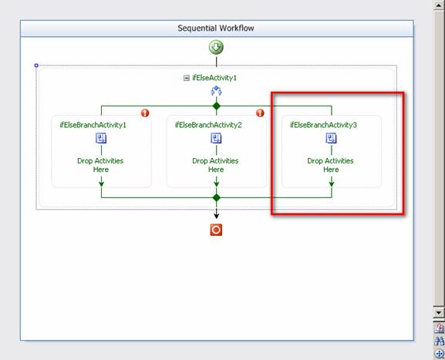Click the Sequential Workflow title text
click(216, 28)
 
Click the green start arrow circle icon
click(216, 47)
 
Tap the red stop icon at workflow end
click(216, 230)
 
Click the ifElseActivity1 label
click(214, 78)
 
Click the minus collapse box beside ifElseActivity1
click(187, 78)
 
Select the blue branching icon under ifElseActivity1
click(216, 91)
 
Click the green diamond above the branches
click(217, 106)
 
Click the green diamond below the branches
click(217, 197)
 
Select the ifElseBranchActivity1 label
click(93, 125)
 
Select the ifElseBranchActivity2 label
click(208, 125)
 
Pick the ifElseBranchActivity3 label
click(324, 125)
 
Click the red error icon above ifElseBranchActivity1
click(145, 113)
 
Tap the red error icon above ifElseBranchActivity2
click(260, 113)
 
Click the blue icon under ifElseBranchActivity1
click(101, 139)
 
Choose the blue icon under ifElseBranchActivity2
click(216, 139)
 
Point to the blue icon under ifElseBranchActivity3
click(331, 139)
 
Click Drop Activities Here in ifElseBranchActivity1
click(100, 165)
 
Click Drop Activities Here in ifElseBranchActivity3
click(331, 165)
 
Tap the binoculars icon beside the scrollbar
click(439, 341)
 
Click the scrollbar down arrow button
click(439, 312)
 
